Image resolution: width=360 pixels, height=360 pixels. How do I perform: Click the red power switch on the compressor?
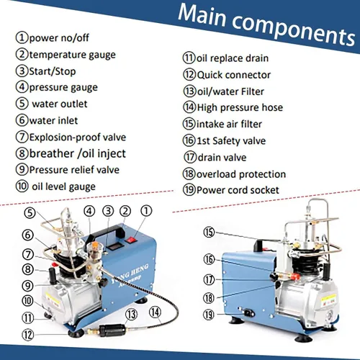131,240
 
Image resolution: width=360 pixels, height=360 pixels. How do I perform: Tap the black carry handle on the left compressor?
106,233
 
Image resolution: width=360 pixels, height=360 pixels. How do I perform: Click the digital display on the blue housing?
113,247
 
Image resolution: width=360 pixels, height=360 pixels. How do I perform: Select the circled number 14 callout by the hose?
155,312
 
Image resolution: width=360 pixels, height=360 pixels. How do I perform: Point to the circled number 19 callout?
209,315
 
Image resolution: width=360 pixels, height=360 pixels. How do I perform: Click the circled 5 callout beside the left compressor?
30,213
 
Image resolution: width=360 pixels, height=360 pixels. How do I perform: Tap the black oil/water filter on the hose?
112,330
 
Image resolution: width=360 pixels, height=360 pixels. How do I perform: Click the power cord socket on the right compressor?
249,312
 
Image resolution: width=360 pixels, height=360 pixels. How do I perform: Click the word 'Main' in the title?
202,15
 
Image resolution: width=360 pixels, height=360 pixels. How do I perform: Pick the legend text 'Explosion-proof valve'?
78,138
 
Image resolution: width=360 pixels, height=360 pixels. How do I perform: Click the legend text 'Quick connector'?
233,75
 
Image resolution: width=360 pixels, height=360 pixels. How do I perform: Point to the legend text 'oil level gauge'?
63,186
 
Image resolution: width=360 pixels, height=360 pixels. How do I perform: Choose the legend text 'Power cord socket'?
238,190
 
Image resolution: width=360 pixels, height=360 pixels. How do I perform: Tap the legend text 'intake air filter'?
229,124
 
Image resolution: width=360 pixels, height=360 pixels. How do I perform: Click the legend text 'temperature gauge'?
72,55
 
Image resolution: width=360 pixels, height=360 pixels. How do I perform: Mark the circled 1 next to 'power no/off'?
22,37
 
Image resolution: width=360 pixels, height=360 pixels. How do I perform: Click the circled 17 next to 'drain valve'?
190,157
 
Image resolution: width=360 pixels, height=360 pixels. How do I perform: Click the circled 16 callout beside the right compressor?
209,259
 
